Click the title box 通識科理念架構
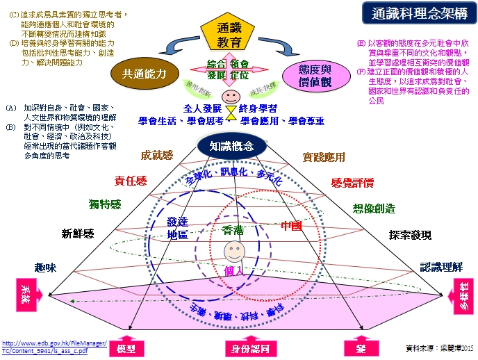[418, 13]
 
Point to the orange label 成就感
[157, 156]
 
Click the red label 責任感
[131, 181]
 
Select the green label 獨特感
[105, 204]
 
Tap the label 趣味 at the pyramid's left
[45, 267]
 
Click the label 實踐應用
[324, 158]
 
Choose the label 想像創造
[373, 208]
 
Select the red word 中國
[292, 226]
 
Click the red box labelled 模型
[131, 347]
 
